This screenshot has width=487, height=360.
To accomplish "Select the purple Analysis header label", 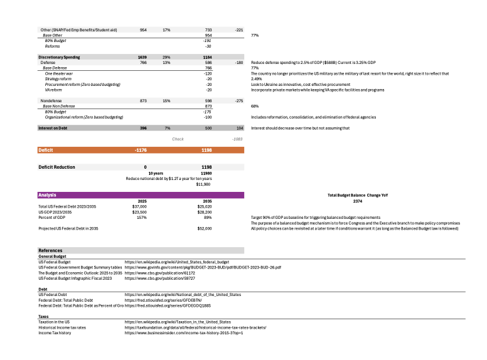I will coord(48,195).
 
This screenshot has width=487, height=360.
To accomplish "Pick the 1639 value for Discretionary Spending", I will coord(142,57).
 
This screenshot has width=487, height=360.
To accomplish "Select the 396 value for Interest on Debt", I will coord(142,128).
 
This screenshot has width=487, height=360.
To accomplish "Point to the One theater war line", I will coord(59,73).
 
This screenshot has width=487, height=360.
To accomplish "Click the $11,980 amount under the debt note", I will coord(204,184).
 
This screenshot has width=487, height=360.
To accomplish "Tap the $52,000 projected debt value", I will coord(204,229).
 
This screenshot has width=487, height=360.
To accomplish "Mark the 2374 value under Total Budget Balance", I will coord(357,201).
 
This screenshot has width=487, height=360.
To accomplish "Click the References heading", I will coord(51,251).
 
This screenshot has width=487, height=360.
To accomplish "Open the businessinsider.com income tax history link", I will coord(183,332).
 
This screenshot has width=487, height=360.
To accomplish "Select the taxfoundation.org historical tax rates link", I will coord(196,327).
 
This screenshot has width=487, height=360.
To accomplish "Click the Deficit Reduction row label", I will coord(56,167).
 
